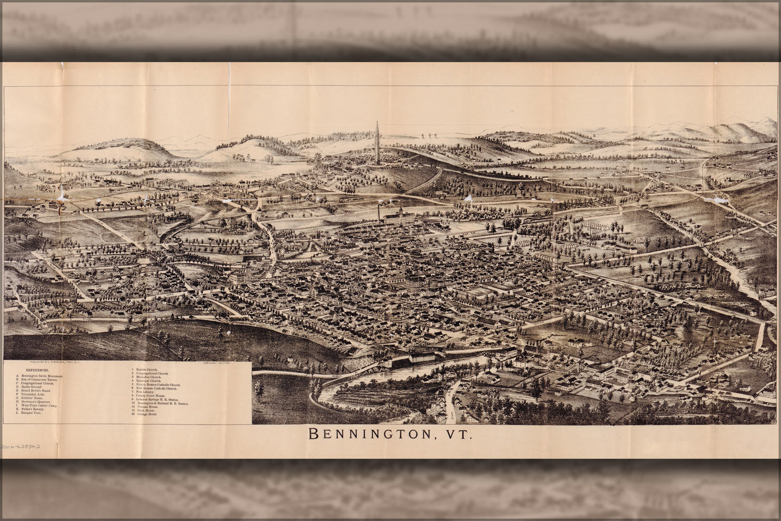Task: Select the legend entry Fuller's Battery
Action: click(x=32, y=410)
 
